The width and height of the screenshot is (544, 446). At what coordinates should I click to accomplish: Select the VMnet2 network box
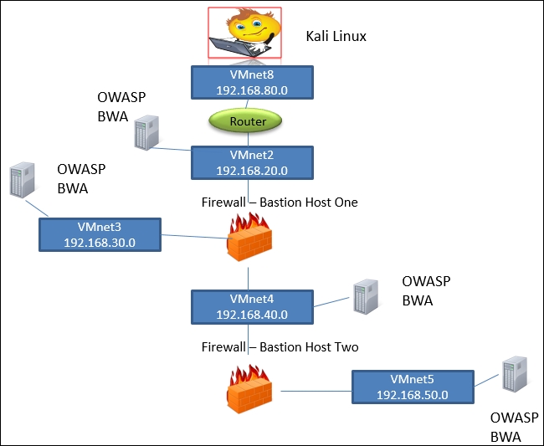point(252,161)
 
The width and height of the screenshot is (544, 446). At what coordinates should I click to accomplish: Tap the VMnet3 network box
point(99,233)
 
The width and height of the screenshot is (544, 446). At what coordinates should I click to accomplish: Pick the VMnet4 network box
point(252,306)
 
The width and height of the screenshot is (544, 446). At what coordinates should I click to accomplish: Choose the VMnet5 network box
point(412,387)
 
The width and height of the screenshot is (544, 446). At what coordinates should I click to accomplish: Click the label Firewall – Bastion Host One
point(280,202)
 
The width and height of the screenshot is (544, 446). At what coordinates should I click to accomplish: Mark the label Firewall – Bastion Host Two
point(280,346)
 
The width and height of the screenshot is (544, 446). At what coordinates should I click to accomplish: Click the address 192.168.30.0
point(99,242)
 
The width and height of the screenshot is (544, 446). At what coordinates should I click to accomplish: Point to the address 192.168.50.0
point(412,395)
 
